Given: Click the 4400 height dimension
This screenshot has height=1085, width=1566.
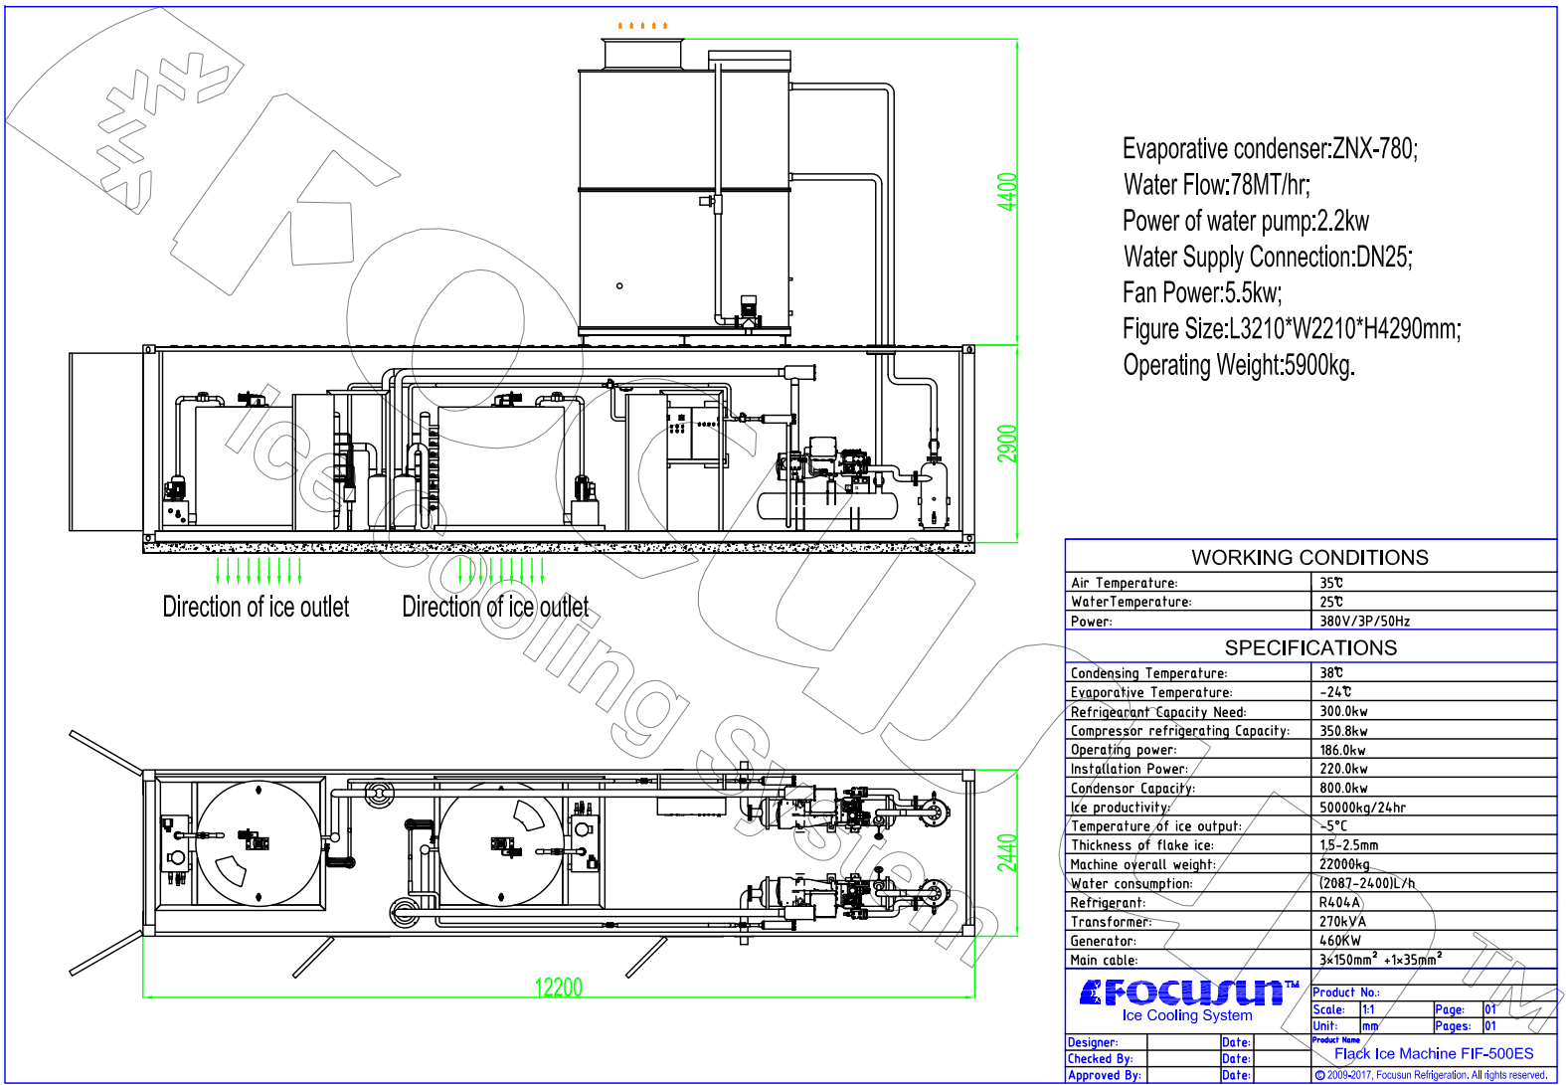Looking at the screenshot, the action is coord(1007,191).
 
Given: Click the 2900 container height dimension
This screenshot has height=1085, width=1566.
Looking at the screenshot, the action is coord(1007,444).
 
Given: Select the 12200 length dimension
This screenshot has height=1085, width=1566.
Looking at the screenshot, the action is coord(558,988).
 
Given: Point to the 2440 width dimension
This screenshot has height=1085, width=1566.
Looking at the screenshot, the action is coord(1007,852).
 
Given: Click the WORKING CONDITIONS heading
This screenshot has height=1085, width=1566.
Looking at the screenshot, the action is coord(1309,557).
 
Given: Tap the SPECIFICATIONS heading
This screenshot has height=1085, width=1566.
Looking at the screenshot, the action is coord(1310,647).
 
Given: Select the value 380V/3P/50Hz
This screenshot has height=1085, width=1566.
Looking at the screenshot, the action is coord(1364,621).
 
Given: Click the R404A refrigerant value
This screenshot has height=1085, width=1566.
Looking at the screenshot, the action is coord(1339,903).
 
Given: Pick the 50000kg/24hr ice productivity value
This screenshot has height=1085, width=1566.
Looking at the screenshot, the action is coord(1362,807).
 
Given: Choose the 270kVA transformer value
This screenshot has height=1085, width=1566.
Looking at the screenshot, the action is coord(1342,922).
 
